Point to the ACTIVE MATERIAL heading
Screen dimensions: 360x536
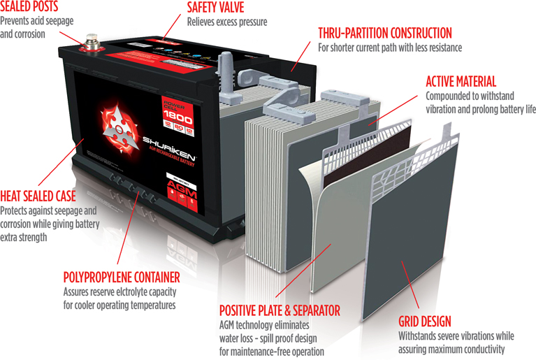[x=461, y=81]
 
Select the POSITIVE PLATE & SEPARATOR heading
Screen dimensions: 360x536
[x=280, y=310]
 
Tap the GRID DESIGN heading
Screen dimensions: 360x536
[x=424, y=322]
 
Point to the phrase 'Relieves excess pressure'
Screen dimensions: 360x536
[x=226, y=22]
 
